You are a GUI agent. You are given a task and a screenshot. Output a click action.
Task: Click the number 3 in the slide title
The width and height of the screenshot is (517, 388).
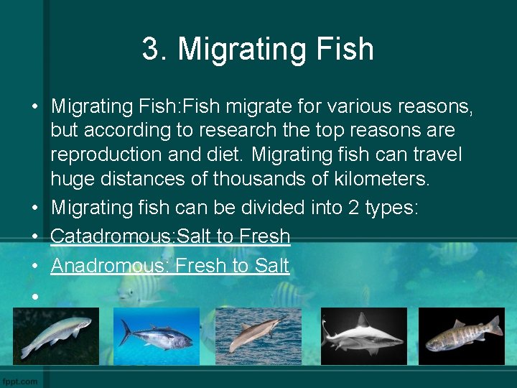point(150,49)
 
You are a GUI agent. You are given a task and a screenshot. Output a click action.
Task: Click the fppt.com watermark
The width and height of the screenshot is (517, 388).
point(20,380)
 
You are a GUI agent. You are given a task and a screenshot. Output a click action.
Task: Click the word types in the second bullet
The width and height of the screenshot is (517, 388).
point(391,208)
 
